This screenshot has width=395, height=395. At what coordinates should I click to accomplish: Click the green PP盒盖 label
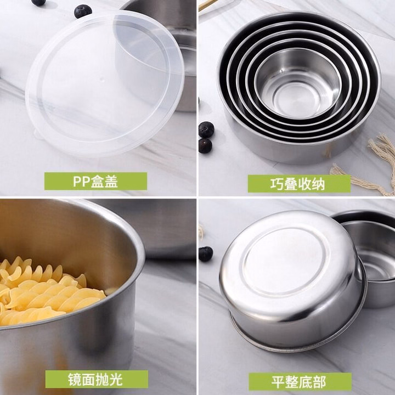click(x=95, y=181)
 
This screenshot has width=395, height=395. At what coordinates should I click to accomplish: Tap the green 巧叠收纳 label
click(x=299, y=184)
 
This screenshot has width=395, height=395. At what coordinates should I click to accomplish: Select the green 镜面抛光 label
click(x=97, y=379)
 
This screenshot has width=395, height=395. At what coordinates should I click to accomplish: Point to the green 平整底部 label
click(x=300, y=382)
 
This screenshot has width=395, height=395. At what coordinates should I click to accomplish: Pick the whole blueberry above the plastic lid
click(x=83, y=12)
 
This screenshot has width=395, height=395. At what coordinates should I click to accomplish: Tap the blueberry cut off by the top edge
click(x=38, y=3)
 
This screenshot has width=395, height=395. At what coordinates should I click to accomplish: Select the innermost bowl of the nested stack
click(x=298, y=83)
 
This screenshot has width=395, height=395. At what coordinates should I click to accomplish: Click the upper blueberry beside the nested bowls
click(x=206, y=129)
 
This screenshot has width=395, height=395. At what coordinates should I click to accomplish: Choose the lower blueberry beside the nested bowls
click(x=205, y=145)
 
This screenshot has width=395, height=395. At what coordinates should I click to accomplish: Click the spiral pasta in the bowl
click(x=48, y=290)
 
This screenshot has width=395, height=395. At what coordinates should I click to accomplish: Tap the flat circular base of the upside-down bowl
click(x=286, y=262)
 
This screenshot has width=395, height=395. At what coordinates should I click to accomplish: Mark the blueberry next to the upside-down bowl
click(x=206, y=254)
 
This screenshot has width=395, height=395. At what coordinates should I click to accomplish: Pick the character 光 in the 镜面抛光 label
click(x=117, y=380)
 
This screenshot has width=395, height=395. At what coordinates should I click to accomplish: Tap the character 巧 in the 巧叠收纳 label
click(x=277, y=184)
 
